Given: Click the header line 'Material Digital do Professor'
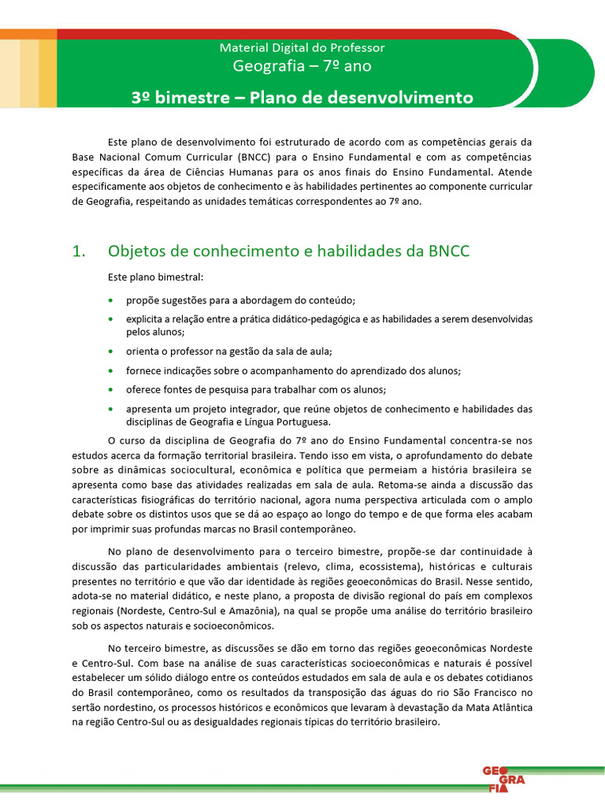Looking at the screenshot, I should tap(302, 48).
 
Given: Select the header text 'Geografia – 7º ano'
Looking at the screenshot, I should tap(302, 66).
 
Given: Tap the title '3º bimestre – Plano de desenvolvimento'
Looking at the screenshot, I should tap(302, 99).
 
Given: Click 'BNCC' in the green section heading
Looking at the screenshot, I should tap(448, 251).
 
